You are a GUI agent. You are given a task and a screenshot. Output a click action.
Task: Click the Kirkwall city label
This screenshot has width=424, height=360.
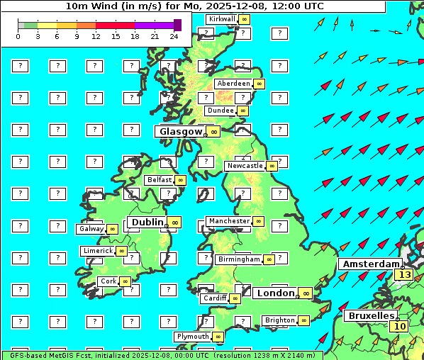point(223,18)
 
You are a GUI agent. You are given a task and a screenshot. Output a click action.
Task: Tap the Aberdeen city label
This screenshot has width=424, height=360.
point(234,84)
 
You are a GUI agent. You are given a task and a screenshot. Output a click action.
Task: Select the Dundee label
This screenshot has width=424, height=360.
point(221,111)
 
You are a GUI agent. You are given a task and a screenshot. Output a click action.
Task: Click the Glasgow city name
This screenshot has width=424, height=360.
point(181,131)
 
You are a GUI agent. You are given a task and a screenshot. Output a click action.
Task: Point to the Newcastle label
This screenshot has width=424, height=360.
point(245,166)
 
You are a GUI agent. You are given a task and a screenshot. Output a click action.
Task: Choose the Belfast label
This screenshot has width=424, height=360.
point(160,180)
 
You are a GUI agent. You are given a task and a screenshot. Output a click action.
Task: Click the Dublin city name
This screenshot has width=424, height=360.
point(145,222)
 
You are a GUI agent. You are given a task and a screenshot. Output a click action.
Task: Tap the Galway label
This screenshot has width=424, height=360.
point(91,229)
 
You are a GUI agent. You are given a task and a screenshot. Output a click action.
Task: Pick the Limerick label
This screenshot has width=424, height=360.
point(98,251)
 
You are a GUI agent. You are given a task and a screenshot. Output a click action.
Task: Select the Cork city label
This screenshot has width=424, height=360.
point(108,281)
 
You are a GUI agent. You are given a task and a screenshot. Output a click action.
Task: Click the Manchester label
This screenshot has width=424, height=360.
point(229,221)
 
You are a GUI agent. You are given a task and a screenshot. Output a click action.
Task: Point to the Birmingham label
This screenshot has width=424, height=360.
point(239,259)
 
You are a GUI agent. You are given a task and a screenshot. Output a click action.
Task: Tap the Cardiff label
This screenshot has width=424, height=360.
point(215,298)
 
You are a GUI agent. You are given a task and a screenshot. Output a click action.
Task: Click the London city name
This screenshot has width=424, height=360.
point(275,293)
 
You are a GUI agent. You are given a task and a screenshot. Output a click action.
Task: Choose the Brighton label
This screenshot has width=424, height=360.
point(279,320)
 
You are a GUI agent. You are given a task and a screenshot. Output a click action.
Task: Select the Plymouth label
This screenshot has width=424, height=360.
point(193,337)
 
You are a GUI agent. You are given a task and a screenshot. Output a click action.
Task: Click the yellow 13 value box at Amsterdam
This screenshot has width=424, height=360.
point(405,275)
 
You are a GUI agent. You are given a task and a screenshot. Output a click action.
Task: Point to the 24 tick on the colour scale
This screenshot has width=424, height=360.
point(174,35)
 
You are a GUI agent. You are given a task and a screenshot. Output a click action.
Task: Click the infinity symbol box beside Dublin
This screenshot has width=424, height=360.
point(174,223)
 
